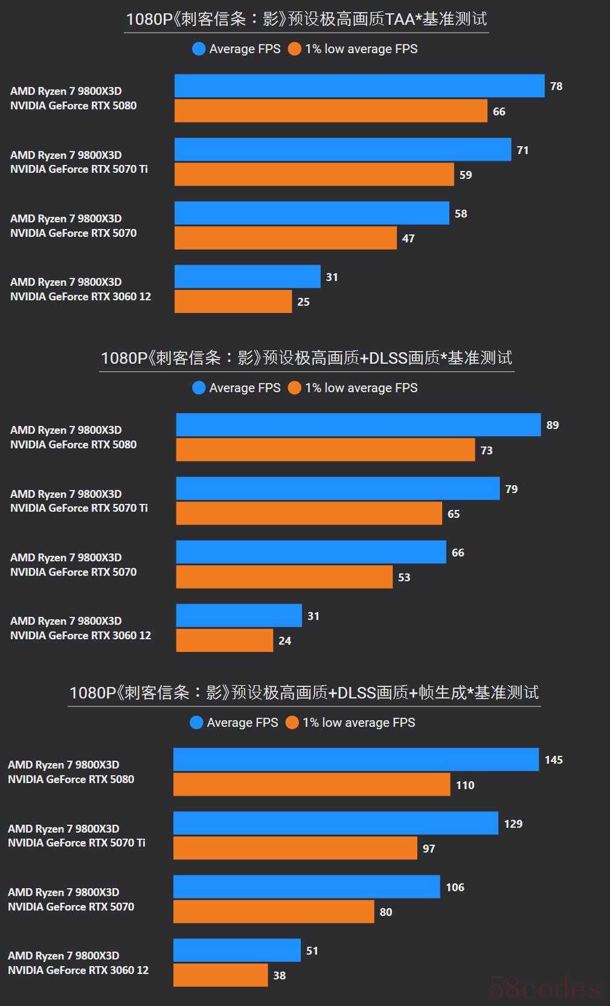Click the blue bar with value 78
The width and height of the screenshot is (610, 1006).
[x=359, y=86]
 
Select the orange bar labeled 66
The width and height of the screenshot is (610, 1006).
[x=331, y=111]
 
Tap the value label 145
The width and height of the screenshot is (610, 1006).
[x=553, y=760]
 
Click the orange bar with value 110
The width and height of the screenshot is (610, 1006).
[x=312, y=785]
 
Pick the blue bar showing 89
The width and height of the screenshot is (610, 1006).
[x=358, y=425]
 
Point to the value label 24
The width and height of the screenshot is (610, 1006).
[x=285, y=641]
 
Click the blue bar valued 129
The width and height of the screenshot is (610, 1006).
[x=336, y=824]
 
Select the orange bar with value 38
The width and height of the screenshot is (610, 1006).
[x=220, y=975]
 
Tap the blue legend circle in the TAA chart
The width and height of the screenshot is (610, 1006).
[x=199, y=49]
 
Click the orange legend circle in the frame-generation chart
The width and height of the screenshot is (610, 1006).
[x=292, y=723]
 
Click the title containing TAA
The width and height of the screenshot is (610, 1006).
[x=306, y=19]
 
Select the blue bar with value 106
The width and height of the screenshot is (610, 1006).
[x=306, y=887]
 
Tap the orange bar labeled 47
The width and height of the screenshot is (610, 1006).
[x=286, y=238]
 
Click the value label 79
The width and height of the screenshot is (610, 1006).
[x=512, y=489]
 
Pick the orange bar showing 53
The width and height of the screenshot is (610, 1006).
[x=284, y=577]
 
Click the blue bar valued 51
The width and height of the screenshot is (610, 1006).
[x=237, y=950]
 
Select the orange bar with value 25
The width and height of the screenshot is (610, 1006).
[x=233, y=301]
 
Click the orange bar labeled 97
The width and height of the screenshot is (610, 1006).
[x=295, y=848]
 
